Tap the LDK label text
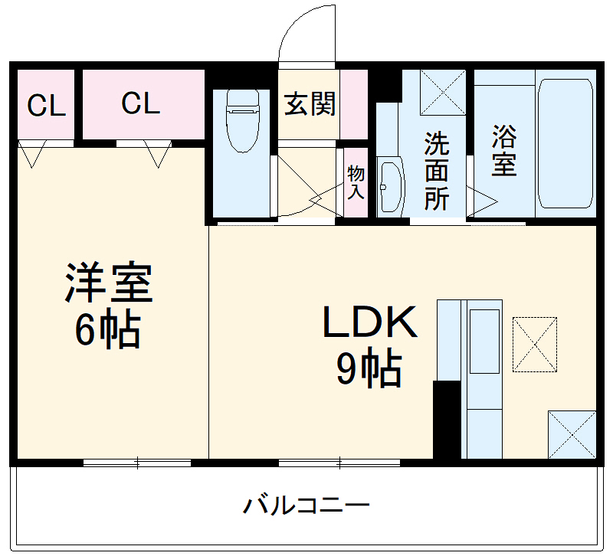[x=370, y=324]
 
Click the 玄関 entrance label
[x=310, y=104]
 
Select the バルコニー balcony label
[x=306, y=505]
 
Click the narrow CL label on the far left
[x=47, y=106]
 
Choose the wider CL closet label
[x=141, y=103]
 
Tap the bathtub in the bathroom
[x=565, y=142]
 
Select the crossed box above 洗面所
[x=443, y=92]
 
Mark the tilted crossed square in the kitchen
[x=535, y=344]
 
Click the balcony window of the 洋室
[x=137, y=462]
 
